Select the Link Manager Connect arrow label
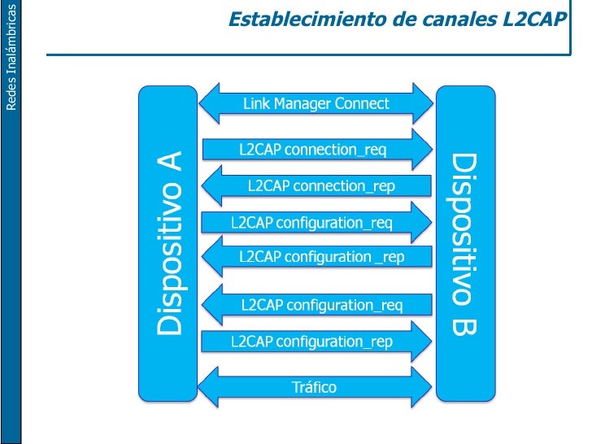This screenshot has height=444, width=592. point(316,104)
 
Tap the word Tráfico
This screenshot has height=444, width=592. point(315,387)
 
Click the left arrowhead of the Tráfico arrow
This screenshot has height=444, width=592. point(211,386)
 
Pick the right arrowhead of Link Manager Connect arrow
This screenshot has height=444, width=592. point(422,104)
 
